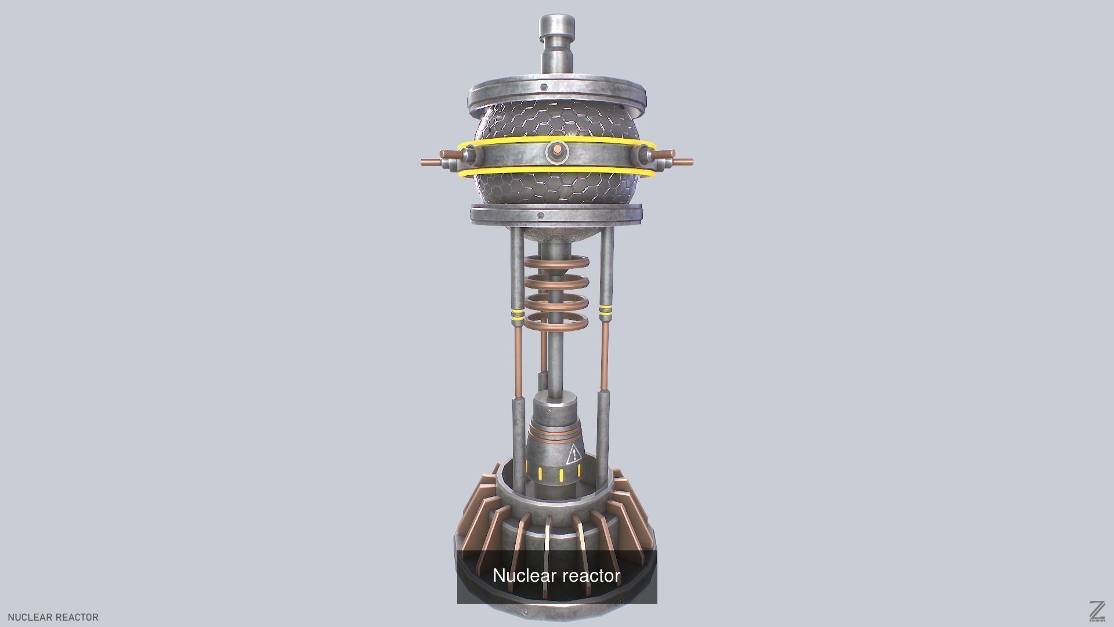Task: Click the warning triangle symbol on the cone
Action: tap(573, 455)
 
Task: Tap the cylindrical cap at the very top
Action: tap(557, 26)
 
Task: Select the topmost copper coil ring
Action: tap(557, 263)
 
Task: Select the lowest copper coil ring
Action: tap(557, 322)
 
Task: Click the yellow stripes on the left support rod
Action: tap(517, 315)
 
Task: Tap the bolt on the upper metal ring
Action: tap(544, 88)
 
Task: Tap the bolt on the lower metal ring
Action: tap(541, 216)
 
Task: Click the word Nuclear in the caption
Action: tap(525, 575)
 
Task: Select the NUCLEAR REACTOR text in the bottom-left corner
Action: tap(53, 617)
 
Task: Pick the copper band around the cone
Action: tap(556, 434)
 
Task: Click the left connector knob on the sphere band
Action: tap(467, 156)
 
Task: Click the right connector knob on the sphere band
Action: tap(646, 156)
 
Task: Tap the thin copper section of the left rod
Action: tap(517, 360)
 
